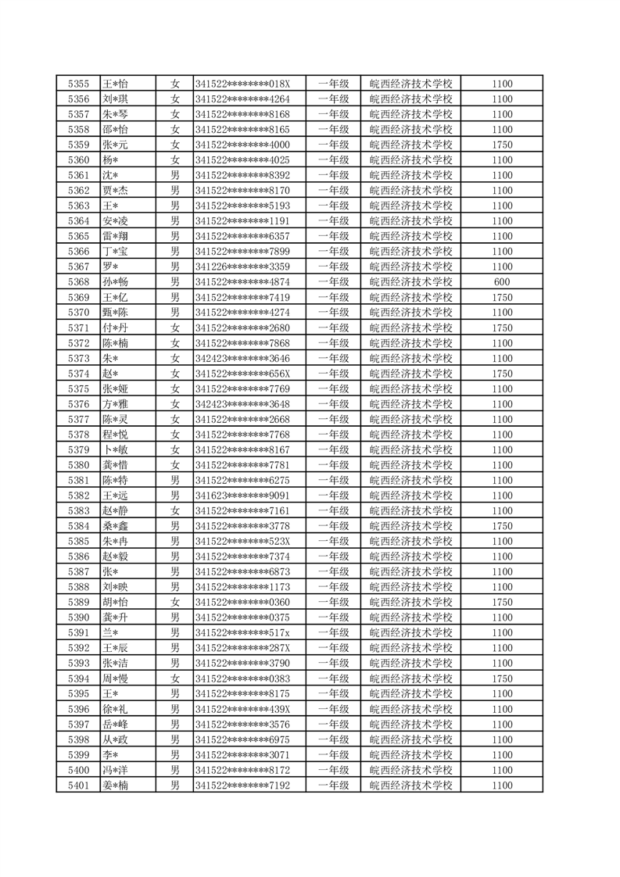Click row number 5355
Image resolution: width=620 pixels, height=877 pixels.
[78, 84]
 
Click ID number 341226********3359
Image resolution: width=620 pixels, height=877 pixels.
[242, 267]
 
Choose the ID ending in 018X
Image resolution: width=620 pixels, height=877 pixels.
[242, 84]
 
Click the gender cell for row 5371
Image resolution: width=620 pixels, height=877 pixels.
[175, 328]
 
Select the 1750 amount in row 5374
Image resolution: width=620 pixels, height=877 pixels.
[502, 374]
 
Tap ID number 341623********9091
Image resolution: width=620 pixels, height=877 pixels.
[242, 496]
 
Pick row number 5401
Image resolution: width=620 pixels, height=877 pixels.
[78, 786]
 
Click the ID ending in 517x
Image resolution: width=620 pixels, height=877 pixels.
[242, 633]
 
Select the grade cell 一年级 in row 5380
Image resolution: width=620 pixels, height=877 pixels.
[333, 465]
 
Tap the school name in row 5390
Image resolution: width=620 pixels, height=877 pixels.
[410, 617]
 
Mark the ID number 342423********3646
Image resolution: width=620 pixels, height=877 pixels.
[242, 358]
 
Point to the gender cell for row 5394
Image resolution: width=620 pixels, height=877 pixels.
[175, 678]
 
